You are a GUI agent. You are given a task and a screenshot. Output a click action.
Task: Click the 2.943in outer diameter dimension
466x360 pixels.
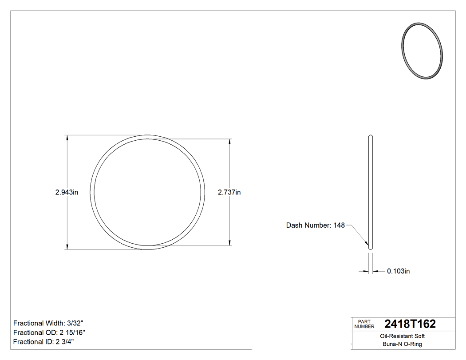67,192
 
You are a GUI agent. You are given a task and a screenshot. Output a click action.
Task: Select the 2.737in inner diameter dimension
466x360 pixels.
229,192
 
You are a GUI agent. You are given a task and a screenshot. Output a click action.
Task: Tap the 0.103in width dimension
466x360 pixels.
399,271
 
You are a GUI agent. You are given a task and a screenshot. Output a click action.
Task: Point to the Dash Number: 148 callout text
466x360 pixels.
315,225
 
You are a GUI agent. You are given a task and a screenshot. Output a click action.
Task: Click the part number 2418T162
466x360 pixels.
410,324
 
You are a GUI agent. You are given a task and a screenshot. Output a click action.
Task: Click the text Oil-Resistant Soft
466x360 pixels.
403,336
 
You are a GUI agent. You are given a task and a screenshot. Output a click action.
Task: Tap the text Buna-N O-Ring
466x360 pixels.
403,344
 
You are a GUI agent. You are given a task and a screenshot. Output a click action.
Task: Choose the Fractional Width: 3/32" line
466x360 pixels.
48,323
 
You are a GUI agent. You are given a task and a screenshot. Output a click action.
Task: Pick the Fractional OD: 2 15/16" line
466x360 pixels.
49,332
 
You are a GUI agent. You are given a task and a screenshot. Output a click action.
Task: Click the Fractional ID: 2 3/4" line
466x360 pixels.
43,342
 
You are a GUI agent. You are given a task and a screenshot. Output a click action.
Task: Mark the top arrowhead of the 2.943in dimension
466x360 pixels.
67,138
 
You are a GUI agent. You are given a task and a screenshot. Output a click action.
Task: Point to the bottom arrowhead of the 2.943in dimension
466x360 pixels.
67,246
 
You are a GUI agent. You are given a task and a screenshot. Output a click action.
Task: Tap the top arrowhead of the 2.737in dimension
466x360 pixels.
229,142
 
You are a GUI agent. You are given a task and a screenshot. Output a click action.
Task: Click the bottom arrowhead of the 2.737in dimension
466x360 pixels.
229,242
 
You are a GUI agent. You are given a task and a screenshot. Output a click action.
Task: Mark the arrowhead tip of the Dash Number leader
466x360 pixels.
367,244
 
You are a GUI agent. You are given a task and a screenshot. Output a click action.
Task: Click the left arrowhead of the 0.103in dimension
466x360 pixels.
366,271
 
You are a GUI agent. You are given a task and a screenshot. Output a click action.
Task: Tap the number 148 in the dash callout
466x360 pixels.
339,225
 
